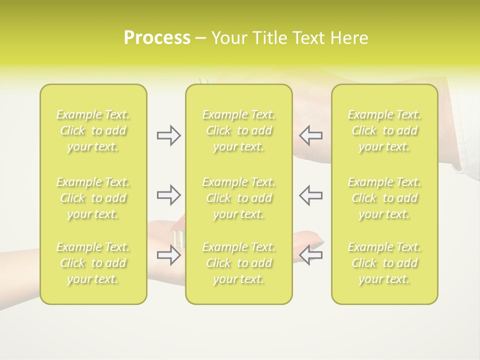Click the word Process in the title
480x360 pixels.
click(157, 38)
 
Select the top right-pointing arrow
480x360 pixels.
click(168, 135)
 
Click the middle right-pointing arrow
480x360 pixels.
click(168, 195)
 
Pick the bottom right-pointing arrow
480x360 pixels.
click(168, 255)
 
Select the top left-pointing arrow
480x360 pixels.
click(311, 135)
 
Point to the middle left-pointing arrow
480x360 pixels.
click(311, 195)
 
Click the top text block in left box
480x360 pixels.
click(93, 130)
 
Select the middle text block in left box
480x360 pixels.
click(93, 198)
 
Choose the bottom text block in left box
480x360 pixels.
click(93, 263)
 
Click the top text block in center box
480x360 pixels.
click(239, 130)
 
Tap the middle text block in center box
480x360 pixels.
click(239, 198)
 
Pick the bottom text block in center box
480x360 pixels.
click(239, 263)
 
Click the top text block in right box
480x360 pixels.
click(384, 130)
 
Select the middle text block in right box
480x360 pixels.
click(384, 198)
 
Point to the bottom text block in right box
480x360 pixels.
click(384, 263)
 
